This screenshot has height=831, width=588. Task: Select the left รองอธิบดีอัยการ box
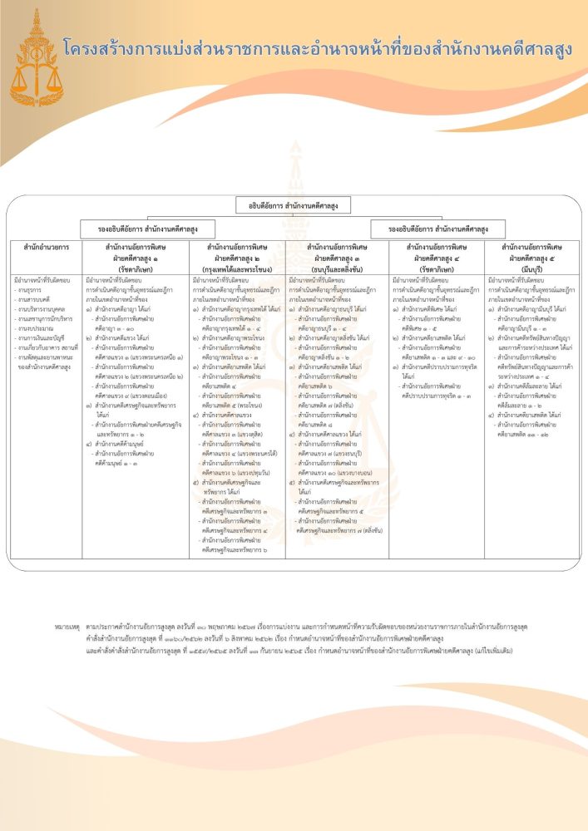(x=147, y=229)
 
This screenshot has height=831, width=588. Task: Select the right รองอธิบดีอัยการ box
(x=437, y=229)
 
